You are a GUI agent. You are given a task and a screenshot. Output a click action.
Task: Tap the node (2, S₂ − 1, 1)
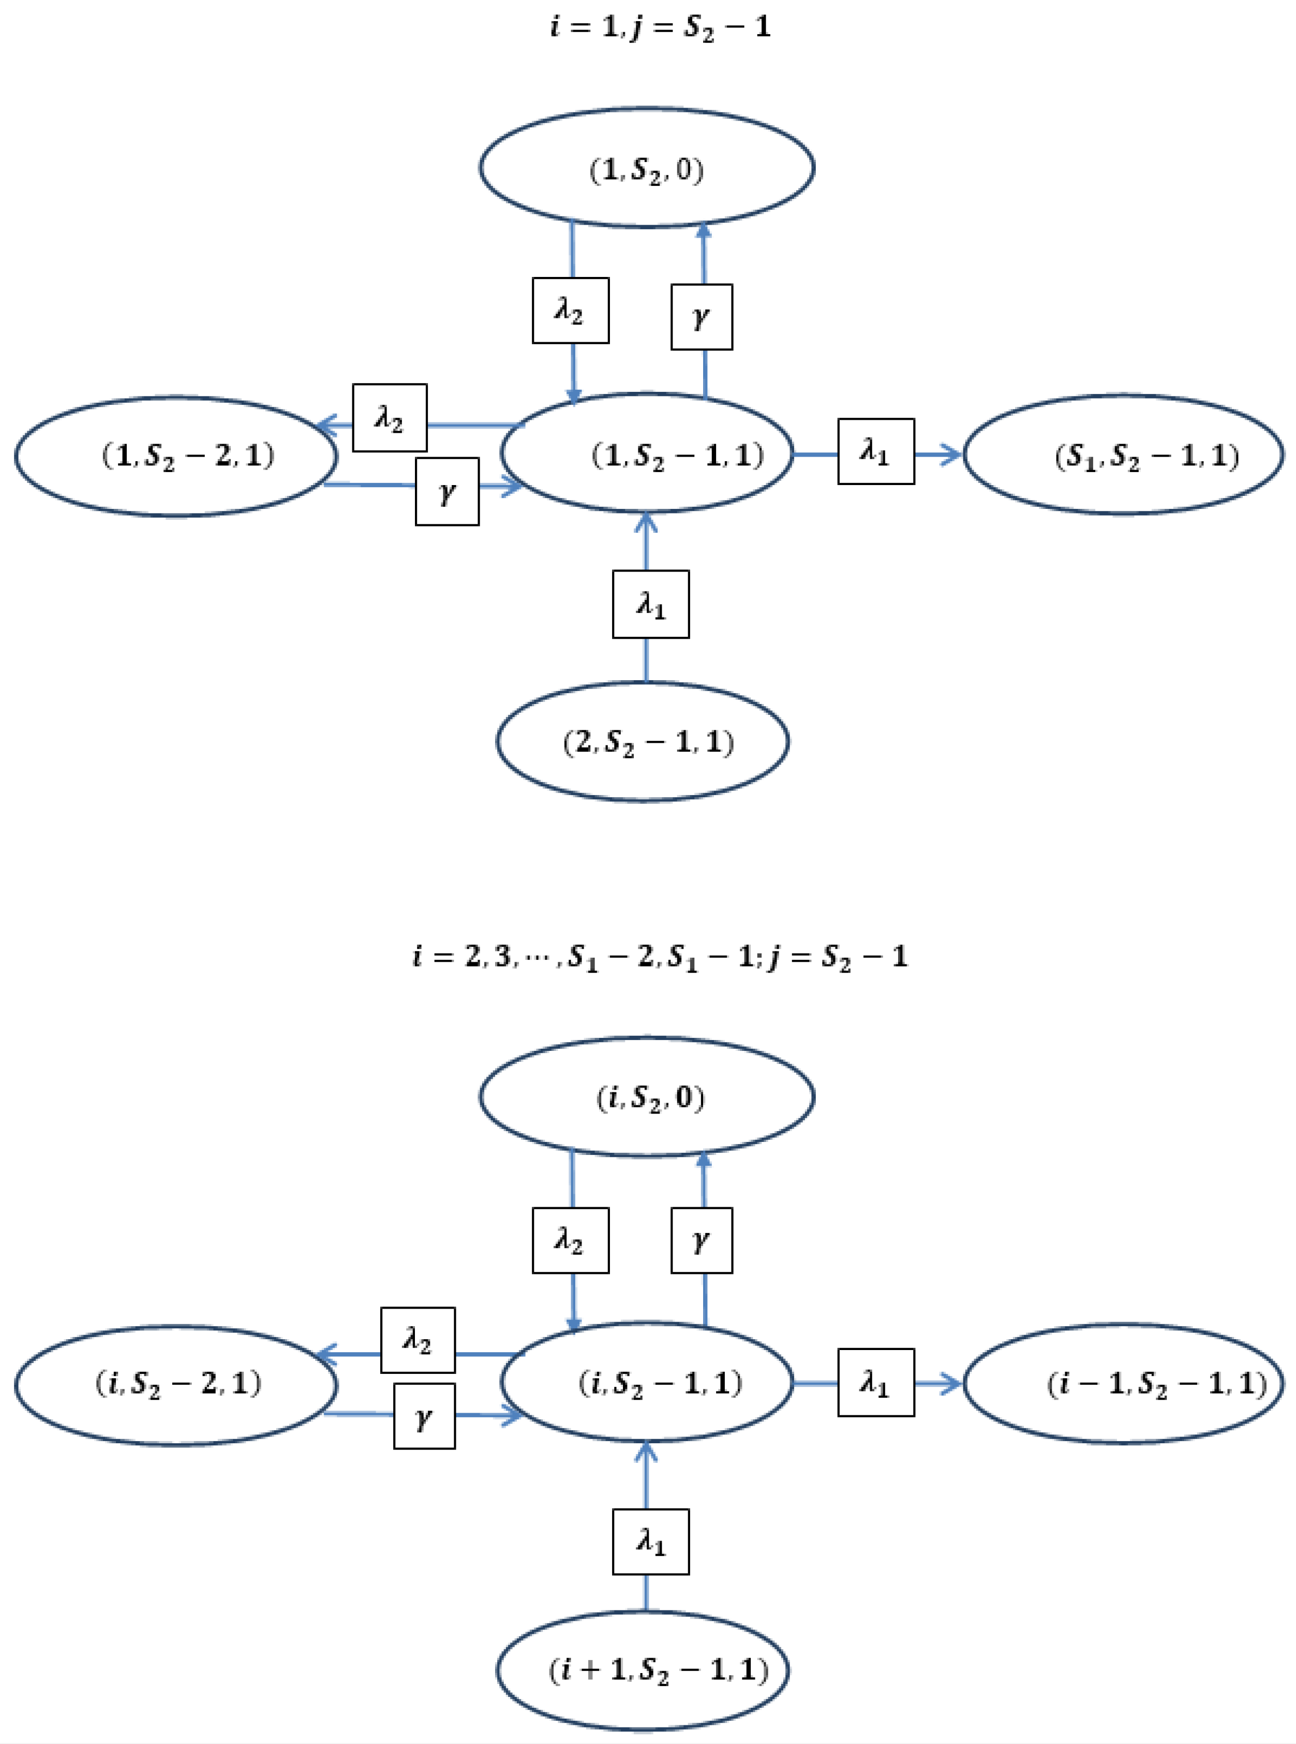point(643,742)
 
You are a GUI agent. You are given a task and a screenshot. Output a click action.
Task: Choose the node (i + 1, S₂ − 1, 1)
point(643,1669)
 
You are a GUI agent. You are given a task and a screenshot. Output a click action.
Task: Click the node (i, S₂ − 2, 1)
point(176,1384)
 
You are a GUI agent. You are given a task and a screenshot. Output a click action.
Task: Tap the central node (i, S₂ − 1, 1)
point(647,1383)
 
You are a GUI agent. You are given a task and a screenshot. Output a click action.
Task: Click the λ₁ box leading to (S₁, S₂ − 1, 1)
point(875,451)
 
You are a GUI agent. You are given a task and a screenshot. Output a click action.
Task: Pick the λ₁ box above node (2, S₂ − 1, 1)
point(650,604)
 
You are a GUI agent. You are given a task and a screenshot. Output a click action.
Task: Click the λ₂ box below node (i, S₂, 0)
point(570,1240)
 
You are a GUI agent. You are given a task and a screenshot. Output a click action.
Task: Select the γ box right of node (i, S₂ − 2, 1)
point(424,1416)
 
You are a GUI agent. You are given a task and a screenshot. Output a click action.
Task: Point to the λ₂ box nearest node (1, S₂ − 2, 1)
point(389,418)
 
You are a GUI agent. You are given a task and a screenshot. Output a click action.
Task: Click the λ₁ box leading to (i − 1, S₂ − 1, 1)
point(875,1382)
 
